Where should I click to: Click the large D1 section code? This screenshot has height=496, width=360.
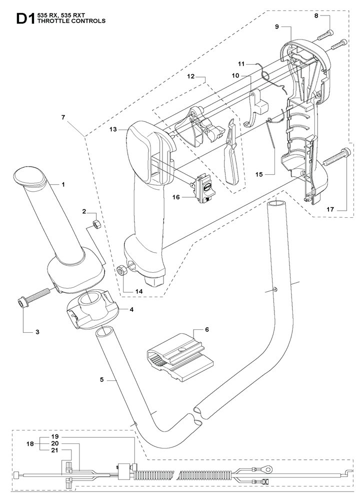coord(25,18)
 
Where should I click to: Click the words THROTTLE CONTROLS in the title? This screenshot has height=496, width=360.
coord(71,21)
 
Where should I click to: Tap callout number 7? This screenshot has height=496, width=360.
coord(63,117)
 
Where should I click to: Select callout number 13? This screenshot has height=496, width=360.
coord(113,129)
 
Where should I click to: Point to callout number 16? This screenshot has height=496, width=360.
coord(176,197)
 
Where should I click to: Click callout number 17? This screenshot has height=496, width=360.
coord(330,209)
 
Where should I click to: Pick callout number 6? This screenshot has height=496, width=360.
coord(207,329)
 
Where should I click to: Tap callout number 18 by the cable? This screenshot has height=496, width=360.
coord(30,444)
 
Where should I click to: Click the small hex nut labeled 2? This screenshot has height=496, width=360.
coord(96,225)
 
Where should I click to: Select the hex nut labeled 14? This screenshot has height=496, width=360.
coord(121,271)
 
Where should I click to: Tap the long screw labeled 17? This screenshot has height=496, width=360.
coord(337,157)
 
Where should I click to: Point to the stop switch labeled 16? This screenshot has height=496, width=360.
coord(203,189)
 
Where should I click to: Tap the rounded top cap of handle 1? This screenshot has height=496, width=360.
coord(29,175)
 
